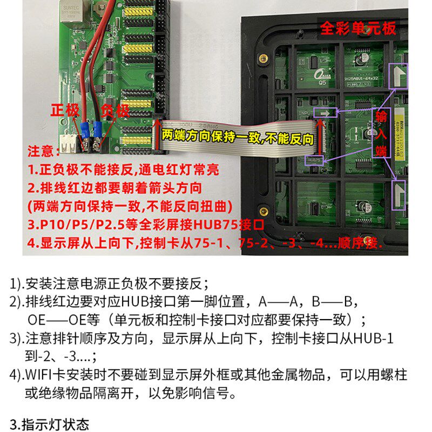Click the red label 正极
(x=65, y=110)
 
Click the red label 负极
(x=115, y=110)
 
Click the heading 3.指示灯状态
(x=50, y=424)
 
